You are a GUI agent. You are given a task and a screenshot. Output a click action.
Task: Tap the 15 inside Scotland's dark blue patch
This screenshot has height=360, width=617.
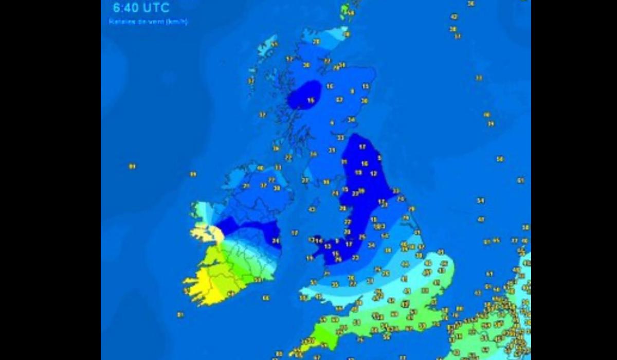[x=311, y=101]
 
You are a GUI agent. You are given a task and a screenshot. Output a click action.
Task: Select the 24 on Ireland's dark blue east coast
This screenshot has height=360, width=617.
[x=276, y=240]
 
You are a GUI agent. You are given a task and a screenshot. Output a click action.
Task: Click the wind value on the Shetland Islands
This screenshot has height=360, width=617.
[x=351, y=12]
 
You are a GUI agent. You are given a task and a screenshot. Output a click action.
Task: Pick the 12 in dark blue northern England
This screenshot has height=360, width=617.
[x=374, y=174]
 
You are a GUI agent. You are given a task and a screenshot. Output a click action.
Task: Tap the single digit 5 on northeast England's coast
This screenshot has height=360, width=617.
[x=379, y=158]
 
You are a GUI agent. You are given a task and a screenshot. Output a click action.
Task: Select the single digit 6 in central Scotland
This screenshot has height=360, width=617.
[x=332, y=123]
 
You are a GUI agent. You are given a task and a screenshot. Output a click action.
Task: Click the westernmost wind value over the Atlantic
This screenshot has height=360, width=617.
[x=132, y=166]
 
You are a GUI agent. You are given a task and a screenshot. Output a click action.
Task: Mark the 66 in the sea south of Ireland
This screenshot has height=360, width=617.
[x=266, y=298]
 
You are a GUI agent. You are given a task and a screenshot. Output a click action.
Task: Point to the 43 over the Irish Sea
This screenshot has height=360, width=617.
[x=312, y=209]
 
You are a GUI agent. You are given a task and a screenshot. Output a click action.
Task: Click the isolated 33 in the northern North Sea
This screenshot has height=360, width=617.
[x=479, y=78]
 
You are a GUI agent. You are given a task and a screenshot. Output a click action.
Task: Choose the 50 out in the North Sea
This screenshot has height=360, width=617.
[x=500, y=159]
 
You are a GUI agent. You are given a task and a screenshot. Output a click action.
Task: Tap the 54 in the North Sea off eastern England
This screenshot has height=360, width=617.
[x=481, y=201]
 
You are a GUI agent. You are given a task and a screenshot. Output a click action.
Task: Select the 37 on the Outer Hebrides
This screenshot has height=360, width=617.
[x=251, y=81]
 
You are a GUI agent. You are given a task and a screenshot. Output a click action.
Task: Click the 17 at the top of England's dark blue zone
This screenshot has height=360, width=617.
[x=362, y=147]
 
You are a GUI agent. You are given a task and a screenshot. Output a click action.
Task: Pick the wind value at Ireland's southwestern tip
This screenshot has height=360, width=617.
[x=186, y=291]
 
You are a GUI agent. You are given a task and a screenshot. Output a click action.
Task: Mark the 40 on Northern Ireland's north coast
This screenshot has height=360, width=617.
[x=260, y=168]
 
